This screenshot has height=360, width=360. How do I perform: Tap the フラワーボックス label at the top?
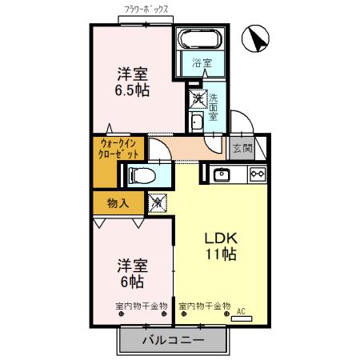(146, 11)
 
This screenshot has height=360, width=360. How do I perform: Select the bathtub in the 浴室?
(201, 40)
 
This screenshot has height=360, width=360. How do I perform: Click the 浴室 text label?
(202, 62)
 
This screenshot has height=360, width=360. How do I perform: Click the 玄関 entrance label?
(242, 147)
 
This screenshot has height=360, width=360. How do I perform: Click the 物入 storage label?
(118, 203)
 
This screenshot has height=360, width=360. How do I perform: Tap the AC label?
(241, 313)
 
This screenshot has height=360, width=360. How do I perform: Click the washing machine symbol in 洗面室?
(197, 98)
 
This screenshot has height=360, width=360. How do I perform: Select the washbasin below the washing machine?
(196, 122)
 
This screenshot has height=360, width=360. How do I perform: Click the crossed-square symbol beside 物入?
(158, 203)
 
